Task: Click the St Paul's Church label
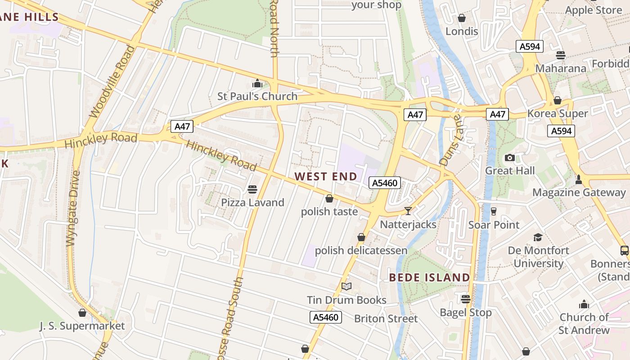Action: (x=257, y=96)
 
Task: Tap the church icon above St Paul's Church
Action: (x=257, y=83)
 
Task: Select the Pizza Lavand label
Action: (x=252, y=202)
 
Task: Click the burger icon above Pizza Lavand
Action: (x=252, y=189)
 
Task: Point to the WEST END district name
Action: (x=326, y=176)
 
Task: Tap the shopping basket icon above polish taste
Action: (x=329, y=198)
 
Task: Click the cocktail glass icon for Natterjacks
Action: (x=408, y=211)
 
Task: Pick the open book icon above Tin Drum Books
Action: (x=346, y=287)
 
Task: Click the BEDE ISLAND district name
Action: (x=429, y=277)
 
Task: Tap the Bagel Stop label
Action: (x=466, y=312)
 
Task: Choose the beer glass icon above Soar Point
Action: (x=494, y=211)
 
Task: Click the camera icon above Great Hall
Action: (x=510, y=157)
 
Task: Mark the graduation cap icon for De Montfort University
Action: (x=538, y=237)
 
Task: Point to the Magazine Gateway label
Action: (x=579, y=193)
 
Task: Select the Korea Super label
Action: (x=558, y=113)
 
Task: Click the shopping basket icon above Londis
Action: (x=462, y=18)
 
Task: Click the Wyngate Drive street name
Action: (x=73, y=208)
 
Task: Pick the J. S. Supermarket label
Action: (x=82, y=326)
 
